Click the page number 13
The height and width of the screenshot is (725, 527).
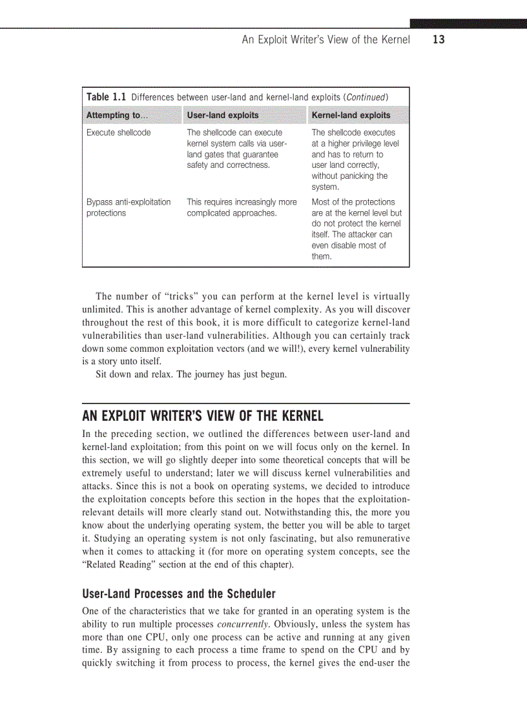(x=439, y=40)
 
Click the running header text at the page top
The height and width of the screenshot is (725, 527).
(x=325, y=40)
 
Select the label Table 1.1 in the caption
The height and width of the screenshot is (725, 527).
(x=106, y=97)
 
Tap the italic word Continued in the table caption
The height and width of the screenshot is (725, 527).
(x=366, y=97)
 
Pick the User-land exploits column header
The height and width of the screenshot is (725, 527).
(x=222, y=115)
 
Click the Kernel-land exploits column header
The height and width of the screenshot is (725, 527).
(x=351, y=115)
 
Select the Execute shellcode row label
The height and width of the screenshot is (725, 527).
(x=118, y=132)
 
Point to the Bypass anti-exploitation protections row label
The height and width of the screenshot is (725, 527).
(x=129, y=207)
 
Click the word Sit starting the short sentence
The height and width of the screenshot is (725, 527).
(x=102, y=374)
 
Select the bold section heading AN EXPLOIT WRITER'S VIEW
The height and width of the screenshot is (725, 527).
(x=203, y=416)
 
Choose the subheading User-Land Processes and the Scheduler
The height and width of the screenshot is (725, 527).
(x=179, y=593)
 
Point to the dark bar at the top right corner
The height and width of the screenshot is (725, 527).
(x=468, y=23)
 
